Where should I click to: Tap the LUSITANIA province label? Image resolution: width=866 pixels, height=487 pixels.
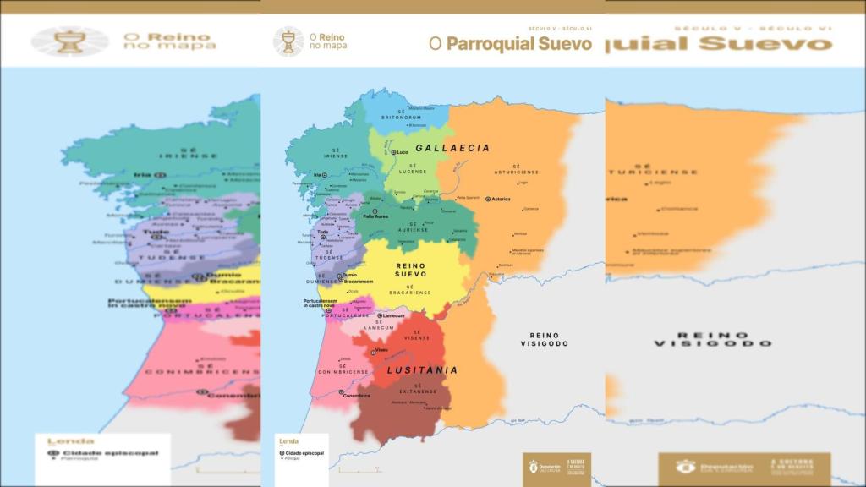click(422, 370)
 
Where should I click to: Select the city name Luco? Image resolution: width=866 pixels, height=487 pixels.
click(402, 152)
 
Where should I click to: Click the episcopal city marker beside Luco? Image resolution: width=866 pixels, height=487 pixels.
click(393, 152)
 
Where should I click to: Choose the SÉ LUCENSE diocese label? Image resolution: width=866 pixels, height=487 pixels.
click(413, 169)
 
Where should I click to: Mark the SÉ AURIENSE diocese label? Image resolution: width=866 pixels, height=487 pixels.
click(413, 227)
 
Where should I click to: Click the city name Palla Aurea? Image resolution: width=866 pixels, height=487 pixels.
click(375, 216)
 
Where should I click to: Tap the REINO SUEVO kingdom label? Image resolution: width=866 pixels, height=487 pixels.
click(411, 270)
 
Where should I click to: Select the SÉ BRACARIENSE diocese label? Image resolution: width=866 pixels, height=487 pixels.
click(410, 290)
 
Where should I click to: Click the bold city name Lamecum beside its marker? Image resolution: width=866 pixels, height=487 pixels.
click(394, 316)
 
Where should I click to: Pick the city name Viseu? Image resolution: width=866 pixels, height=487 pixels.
click(381, 350)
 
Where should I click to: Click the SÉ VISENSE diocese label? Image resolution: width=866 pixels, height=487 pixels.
click(416, 335)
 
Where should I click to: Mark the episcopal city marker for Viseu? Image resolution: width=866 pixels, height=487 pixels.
click(372, 350)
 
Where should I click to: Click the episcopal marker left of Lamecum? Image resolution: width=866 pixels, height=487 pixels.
click(380, 316)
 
